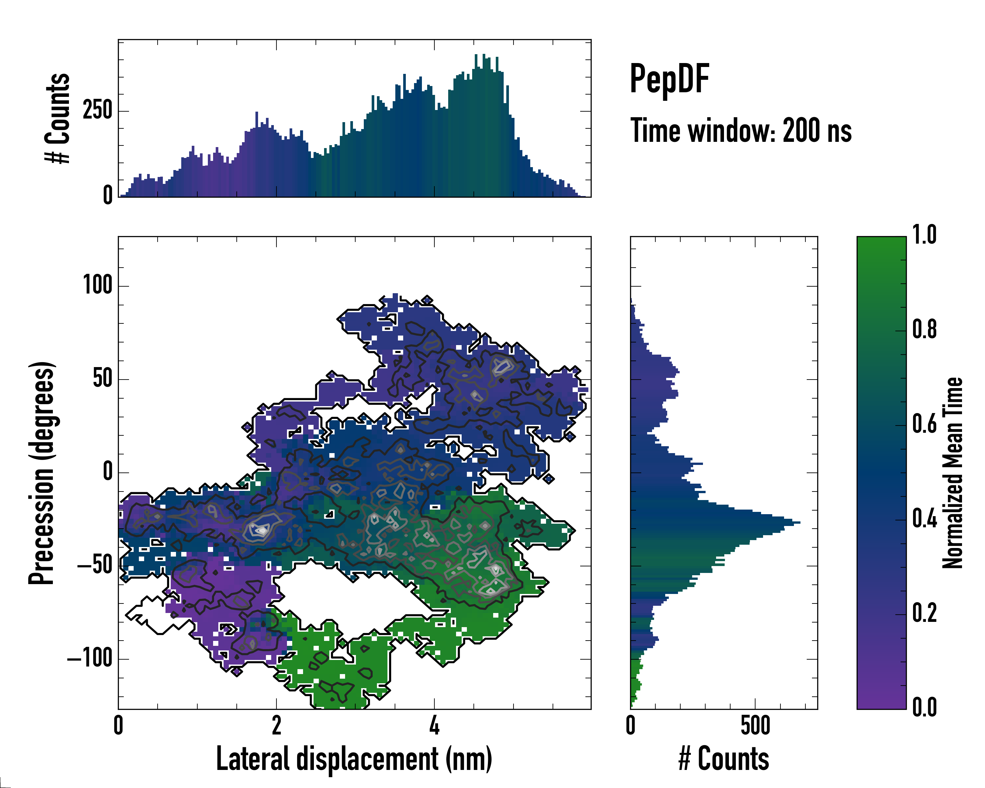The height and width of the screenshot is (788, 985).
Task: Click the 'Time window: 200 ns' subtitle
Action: coord(741,131)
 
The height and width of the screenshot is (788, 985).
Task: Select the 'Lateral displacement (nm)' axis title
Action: coord(354,759)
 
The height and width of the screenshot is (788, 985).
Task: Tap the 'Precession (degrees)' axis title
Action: coord(42,473)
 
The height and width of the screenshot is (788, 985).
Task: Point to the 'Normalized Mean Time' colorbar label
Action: coord(952,473)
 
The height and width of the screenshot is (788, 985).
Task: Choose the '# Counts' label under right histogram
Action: coord(724,759)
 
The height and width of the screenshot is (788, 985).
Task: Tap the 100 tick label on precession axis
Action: coord(97,286)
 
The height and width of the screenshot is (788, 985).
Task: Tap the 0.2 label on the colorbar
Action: coord(924,613)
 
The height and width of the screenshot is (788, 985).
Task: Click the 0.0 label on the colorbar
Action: coord(924,707)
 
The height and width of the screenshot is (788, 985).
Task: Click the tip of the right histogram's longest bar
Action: coord(799,522)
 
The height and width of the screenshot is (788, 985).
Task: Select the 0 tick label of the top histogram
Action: coord(108,195)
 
